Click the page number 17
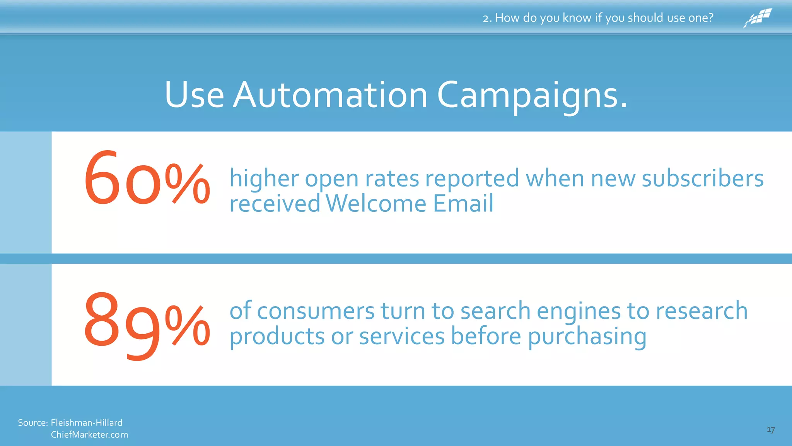point(771,430)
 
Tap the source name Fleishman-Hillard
point(86,422)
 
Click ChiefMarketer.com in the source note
point(89,434)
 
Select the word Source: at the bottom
point(33,422)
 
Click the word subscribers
point(702,179)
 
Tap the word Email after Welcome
point(463,204)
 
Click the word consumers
point(316,311)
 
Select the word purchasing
point(587,337)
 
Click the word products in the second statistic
point(277,337)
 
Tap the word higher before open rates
point(264,179)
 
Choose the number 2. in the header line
point(487,18)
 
